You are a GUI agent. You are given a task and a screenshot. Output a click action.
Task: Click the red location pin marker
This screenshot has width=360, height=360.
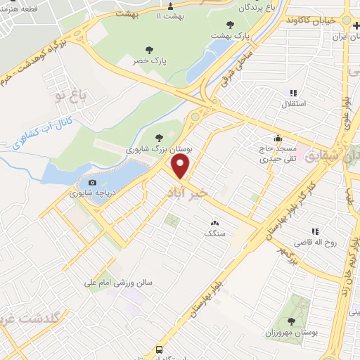[x=181, y=167]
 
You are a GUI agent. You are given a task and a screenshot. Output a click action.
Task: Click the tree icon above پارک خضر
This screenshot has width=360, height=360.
[x=148, y=49]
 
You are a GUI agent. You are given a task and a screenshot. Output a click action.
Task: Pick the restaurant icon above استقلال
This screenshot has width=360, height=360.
[x=293, y=93]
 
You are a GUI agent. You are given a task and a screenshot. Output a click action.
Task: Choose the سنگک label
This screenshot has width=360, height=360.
[x=213, y=233]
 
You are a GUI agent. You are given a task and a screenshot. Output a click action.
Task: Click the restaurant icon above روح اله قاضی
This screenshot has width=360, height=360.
[x=316, y=231]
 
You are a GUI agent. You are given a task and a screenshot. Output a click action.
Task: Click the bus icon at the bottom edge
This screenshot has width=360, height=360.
[x=160, y=349]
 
